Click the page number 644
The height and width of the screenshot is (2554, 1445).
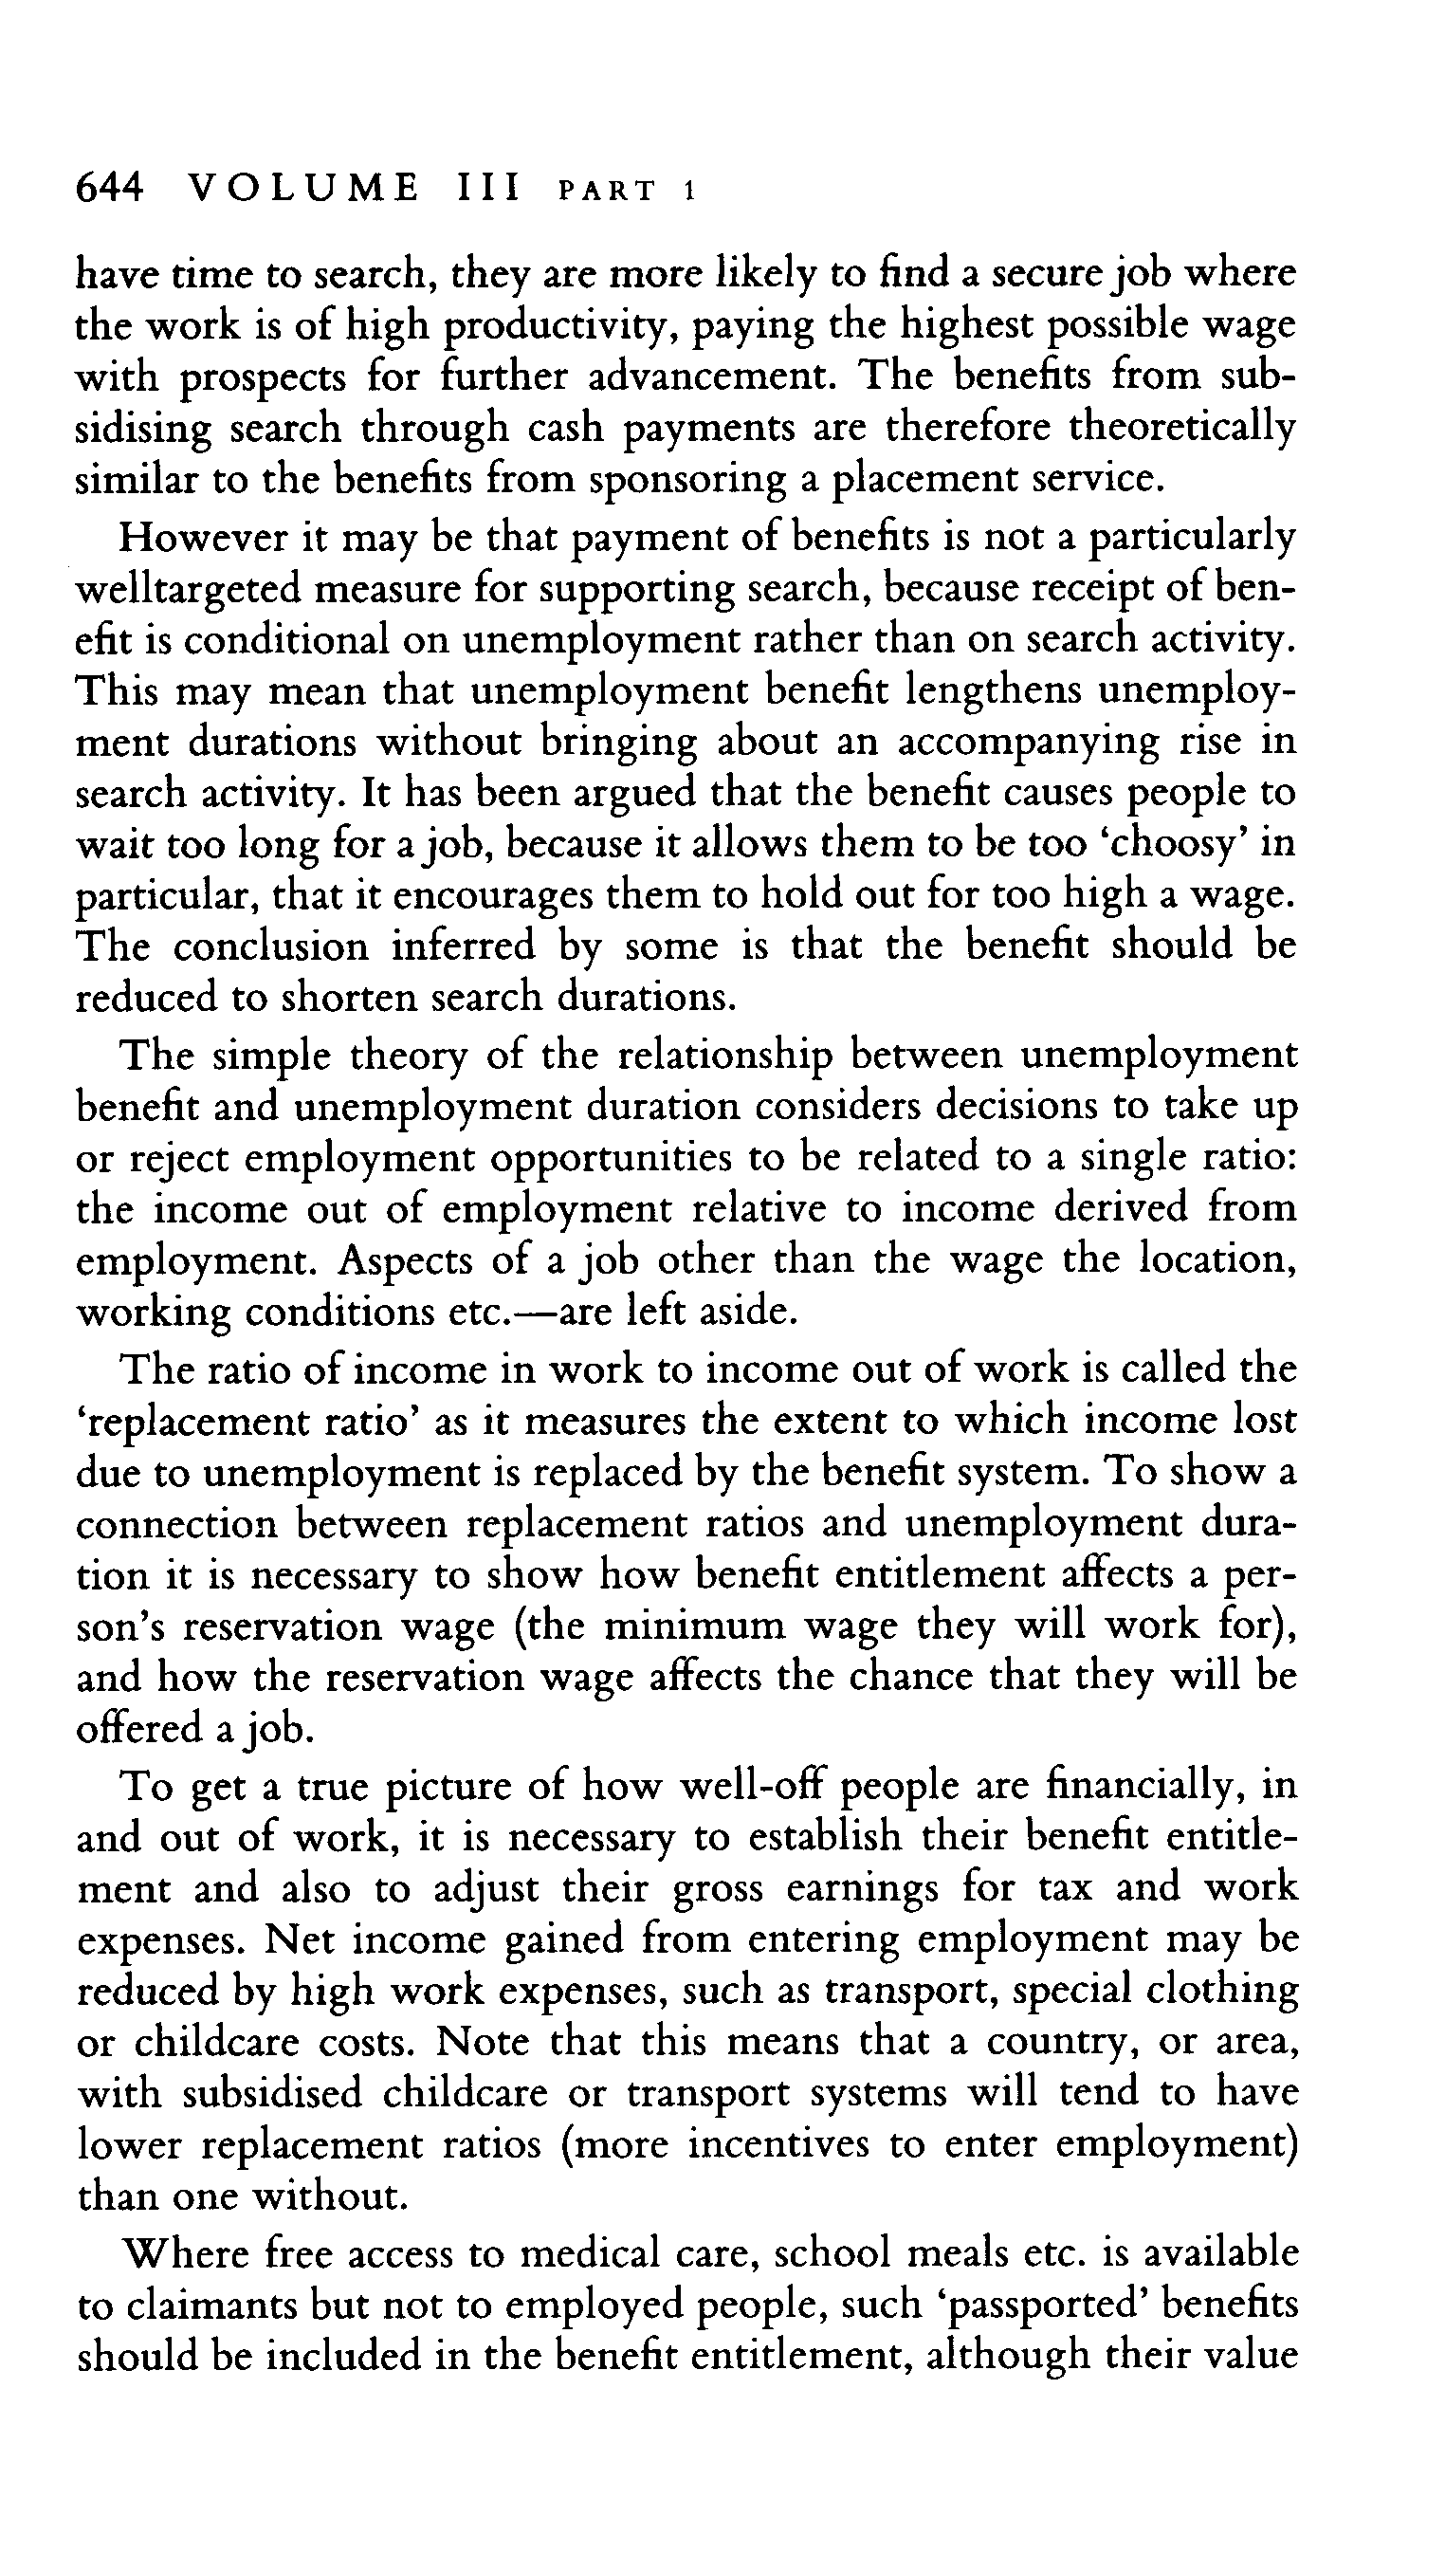pos(110,187)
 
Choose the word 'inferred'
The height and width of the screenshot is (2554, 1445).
pos(464,944)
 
